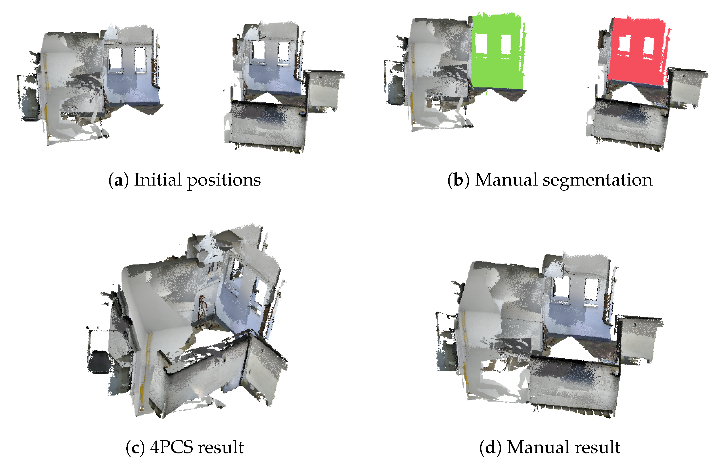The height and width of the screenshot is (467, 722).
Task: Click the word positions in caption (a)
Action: (x=224, y=180)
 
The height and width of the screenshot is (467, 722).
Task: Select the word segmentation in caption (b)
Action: (x=597, y=180)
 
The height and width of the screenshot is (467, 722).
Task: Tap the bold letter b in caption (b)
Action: (x=458, y=180)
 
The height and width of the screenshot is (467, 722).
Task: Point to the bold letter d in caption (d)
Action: (x=490, y=447)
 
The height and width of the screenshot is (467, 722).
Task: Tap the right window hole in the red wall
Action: (x=648, y=46)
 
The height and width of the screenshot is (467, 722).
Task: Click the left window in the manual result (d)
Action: (x=561, y=288)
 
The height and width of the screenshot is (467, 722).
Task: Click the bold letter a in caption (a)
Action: (x=118, y=180)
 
